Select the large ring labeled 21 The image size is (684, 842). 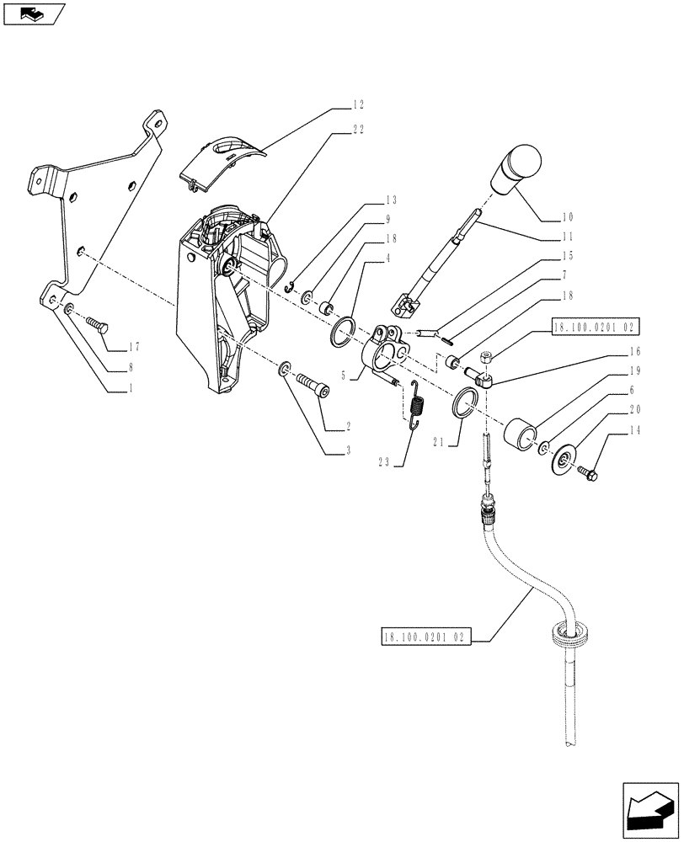tap(465, 402)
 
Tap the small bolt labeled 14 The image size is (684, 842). tap(588, 473)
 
